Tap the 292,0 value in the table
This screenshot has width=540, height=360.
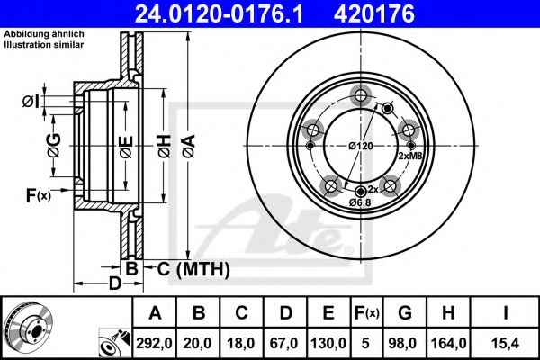click(x=156, y=343)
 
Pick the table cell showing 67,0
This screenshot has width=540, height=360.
click(x=285, y=343)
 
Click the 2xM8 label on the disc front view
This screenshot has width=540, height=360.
click(x=409, y=156)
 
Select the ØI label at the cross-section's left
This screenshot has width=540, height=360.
click(x=30, y=101)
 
